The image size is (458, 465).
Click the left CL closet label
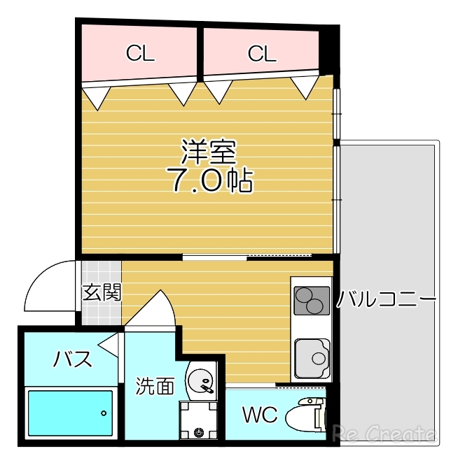(x=140, y=53)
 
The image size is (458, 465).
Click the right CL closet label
(x=261, y=53)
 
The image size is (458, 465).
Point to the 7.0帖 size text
(x=209, y=180)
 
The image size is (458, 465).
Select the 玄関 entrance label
(x=102, y=292)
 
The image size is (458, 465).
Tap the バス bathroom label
(x=73, y=360)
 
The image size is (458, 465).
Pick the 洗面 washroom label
(x=155, y=385)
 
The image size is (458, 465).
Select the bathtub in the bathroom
(x=69, y=413)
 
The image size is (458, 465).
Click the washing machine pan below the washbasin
(x=199, y=422)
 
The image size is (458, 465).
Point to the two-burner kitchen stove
(x=310, y=301)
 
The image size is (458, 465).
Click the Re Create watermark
(x=384, y=434)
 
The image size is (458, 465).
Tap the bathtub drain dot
(x=104, y=413)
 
